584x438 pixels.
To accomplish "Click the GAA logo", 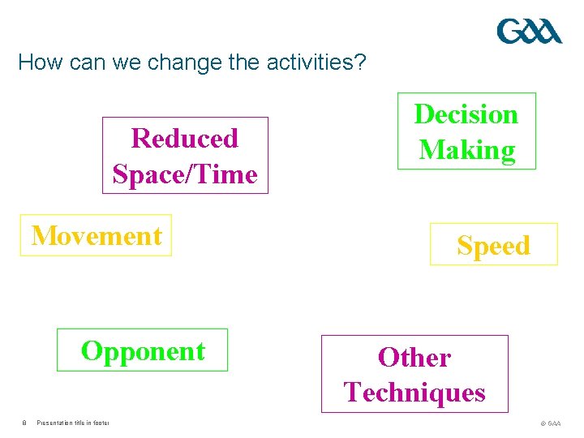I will click(x=529, y=32).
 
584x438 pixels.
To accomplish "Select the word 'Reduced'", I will click(x=185, y=139).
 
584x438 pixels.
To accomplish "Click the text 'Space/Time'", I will click(x=185, y=174).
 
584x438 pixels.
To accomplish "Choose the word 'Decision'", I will click(x=466, y=114).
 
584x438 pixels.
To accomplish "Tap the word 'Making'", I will click(x=466, y=150).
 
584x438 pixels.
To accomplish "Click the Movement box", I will click(x=96, y=235).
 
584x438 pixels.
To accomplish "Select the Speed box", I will click(x=493, y=244).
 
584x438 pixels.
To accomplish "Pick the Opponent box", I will click(x=142, y=350).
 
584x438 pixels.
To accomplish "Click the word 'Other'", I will click(x=414, y=358).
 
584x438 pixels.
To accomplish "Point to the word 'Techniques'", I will click(x=414, y=393).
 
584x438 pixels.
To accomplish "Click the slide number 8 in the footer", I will click(x=24, y=423).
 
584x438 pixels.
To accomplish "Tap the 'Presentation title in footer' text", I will click(x=73, y=423).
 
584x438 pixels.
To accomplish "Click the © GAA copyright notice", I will click(x=550, y=423).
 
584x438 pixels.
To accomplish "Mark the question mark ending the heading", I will click(x=362, y=62).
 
